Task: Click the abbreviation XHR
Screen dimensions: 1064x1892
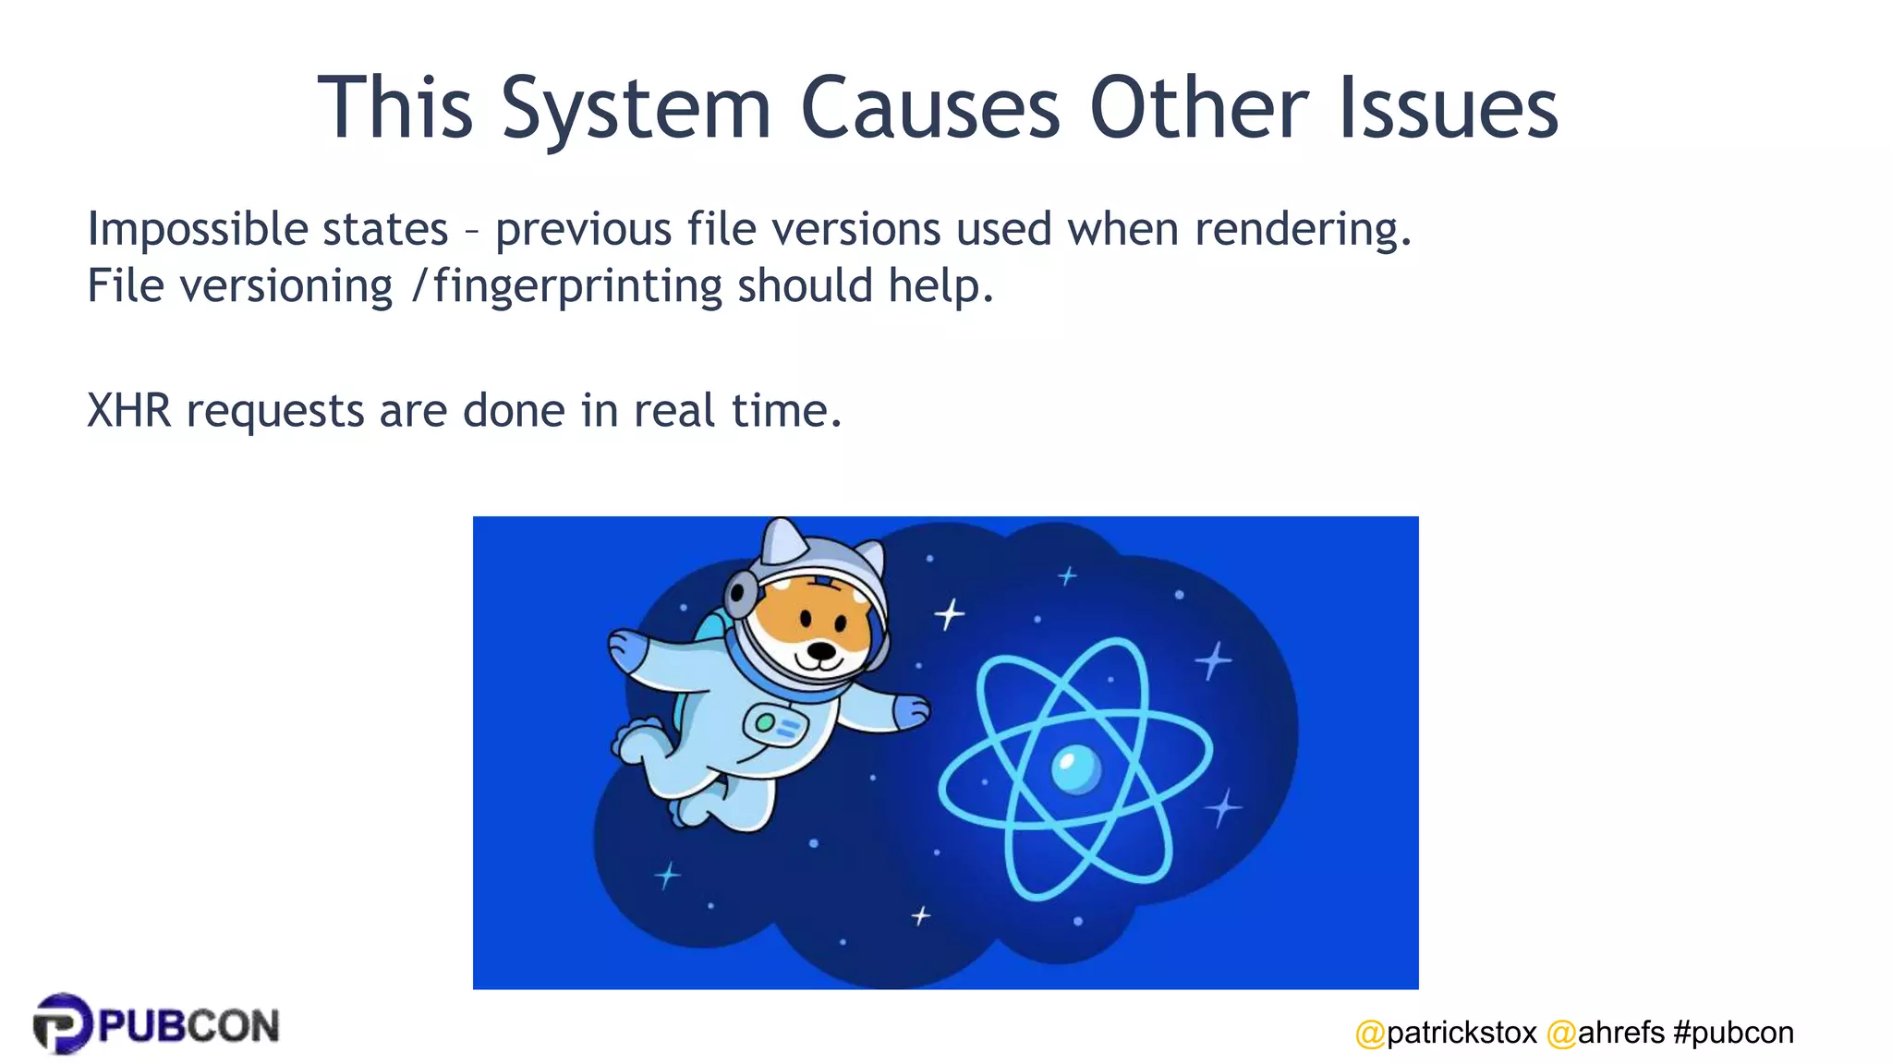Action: click(128, 410)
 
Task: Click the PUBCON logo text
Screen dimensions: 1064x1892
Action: click(188, 1026)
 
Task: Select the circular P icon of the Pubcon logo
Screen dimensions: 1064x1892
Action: click(62, 1023)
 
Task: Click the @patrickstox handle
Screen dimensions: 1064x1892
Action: click(1446, 1032)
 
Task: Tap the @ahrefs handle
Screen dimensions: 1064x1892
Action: click(1606, 1032)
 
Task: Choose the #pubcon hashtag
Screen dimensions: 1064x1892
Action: click(1733, 1032)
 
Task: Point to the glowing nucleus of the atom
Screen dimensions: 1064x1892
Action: click(1075, 768)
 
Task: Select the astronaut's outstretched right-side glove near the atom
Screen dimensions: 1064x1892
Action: click(910, 711)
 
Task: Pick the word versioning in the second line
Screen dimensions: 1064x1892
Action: click(286, 286)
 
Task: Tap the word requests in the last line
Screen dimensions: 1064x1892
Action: click(275, 412)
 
